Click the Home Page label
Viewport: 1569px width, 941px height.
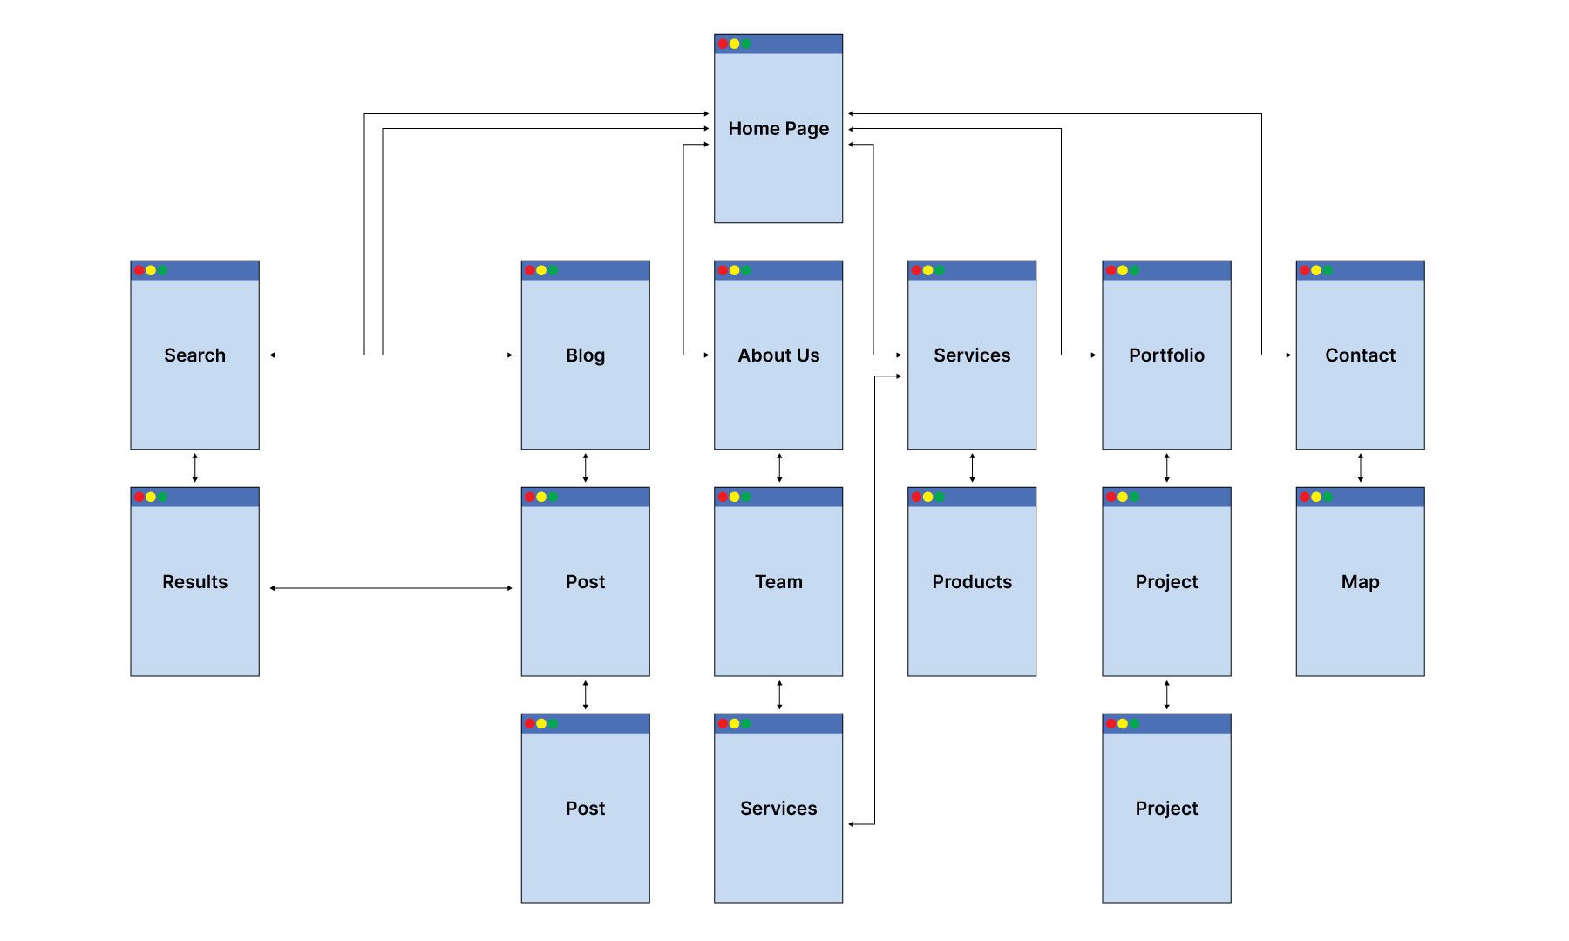[x=778, y=129]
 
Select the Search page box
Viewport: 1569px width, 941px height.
[x=194, y=366]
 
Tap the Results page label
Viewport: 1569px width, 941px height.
[x=194, y=582]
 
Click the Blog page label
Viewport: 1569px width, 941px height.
[x=585, y=355]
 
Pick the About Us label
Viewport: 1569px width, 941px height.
[x=778, y=355]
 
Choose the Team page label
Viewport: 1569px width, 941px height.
[x=778, y=582]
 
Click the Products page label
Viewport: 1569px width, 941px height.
[x=972, y=582]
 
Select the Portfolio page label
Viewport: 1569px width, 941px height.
[x=1166, y=355]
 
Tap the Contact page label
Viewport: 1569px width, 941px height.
[x=1360, y=355]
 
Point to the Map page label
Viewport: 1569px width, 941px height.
[x=1360, y=582]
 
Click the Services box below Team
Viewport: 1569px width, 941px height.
[x=778, y=819]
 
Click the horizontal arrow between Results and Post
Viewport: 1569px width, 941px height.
[x=391, y=588]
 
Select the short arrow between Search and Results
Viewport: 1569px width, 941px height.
[x=194, y=468]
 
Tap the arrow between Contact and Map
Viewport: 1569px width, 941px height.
[x=1360, y=468]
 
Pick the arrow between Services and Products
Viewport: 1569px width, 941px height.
[x=972, y=468]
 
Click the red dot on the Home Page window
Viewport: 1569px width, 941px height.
[x=723, y=44]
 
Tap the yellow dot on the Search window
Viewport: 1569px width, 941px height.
[x=151, y=270]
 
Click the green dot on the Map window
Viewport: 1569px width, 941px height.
[x=1328, y=497]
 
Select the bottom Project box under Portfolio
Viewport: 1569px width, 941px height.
[x=1166, y=819]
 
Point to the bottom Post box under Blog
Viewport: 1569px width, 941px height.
[x=585, y=819]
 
